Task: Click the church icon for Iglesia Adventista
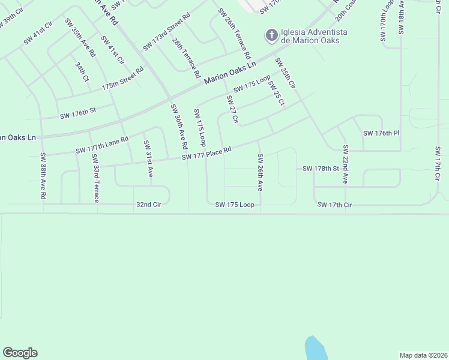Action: pos(271,35)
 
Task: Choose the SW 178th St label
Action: pos(321,169)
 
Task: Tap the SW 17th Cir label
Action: pos(334,205)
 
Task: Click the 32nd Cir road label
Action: pos(149,205)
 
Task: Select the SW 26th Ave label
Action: pos(261,172)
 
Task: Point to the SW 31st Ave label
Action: pos(148,158)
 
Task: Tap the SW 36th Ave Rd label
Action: pos(179,127)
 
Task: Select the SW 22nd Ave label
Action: pos(346,164)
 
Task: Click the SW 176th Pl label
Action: pos(381,133)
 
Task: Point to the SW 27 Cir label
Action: pos(233,109)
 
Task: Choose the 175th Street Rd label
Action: pos(122,78)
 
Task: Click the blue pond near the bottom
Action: pos(315,348)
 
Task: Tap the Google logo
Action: pos(20,353)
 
